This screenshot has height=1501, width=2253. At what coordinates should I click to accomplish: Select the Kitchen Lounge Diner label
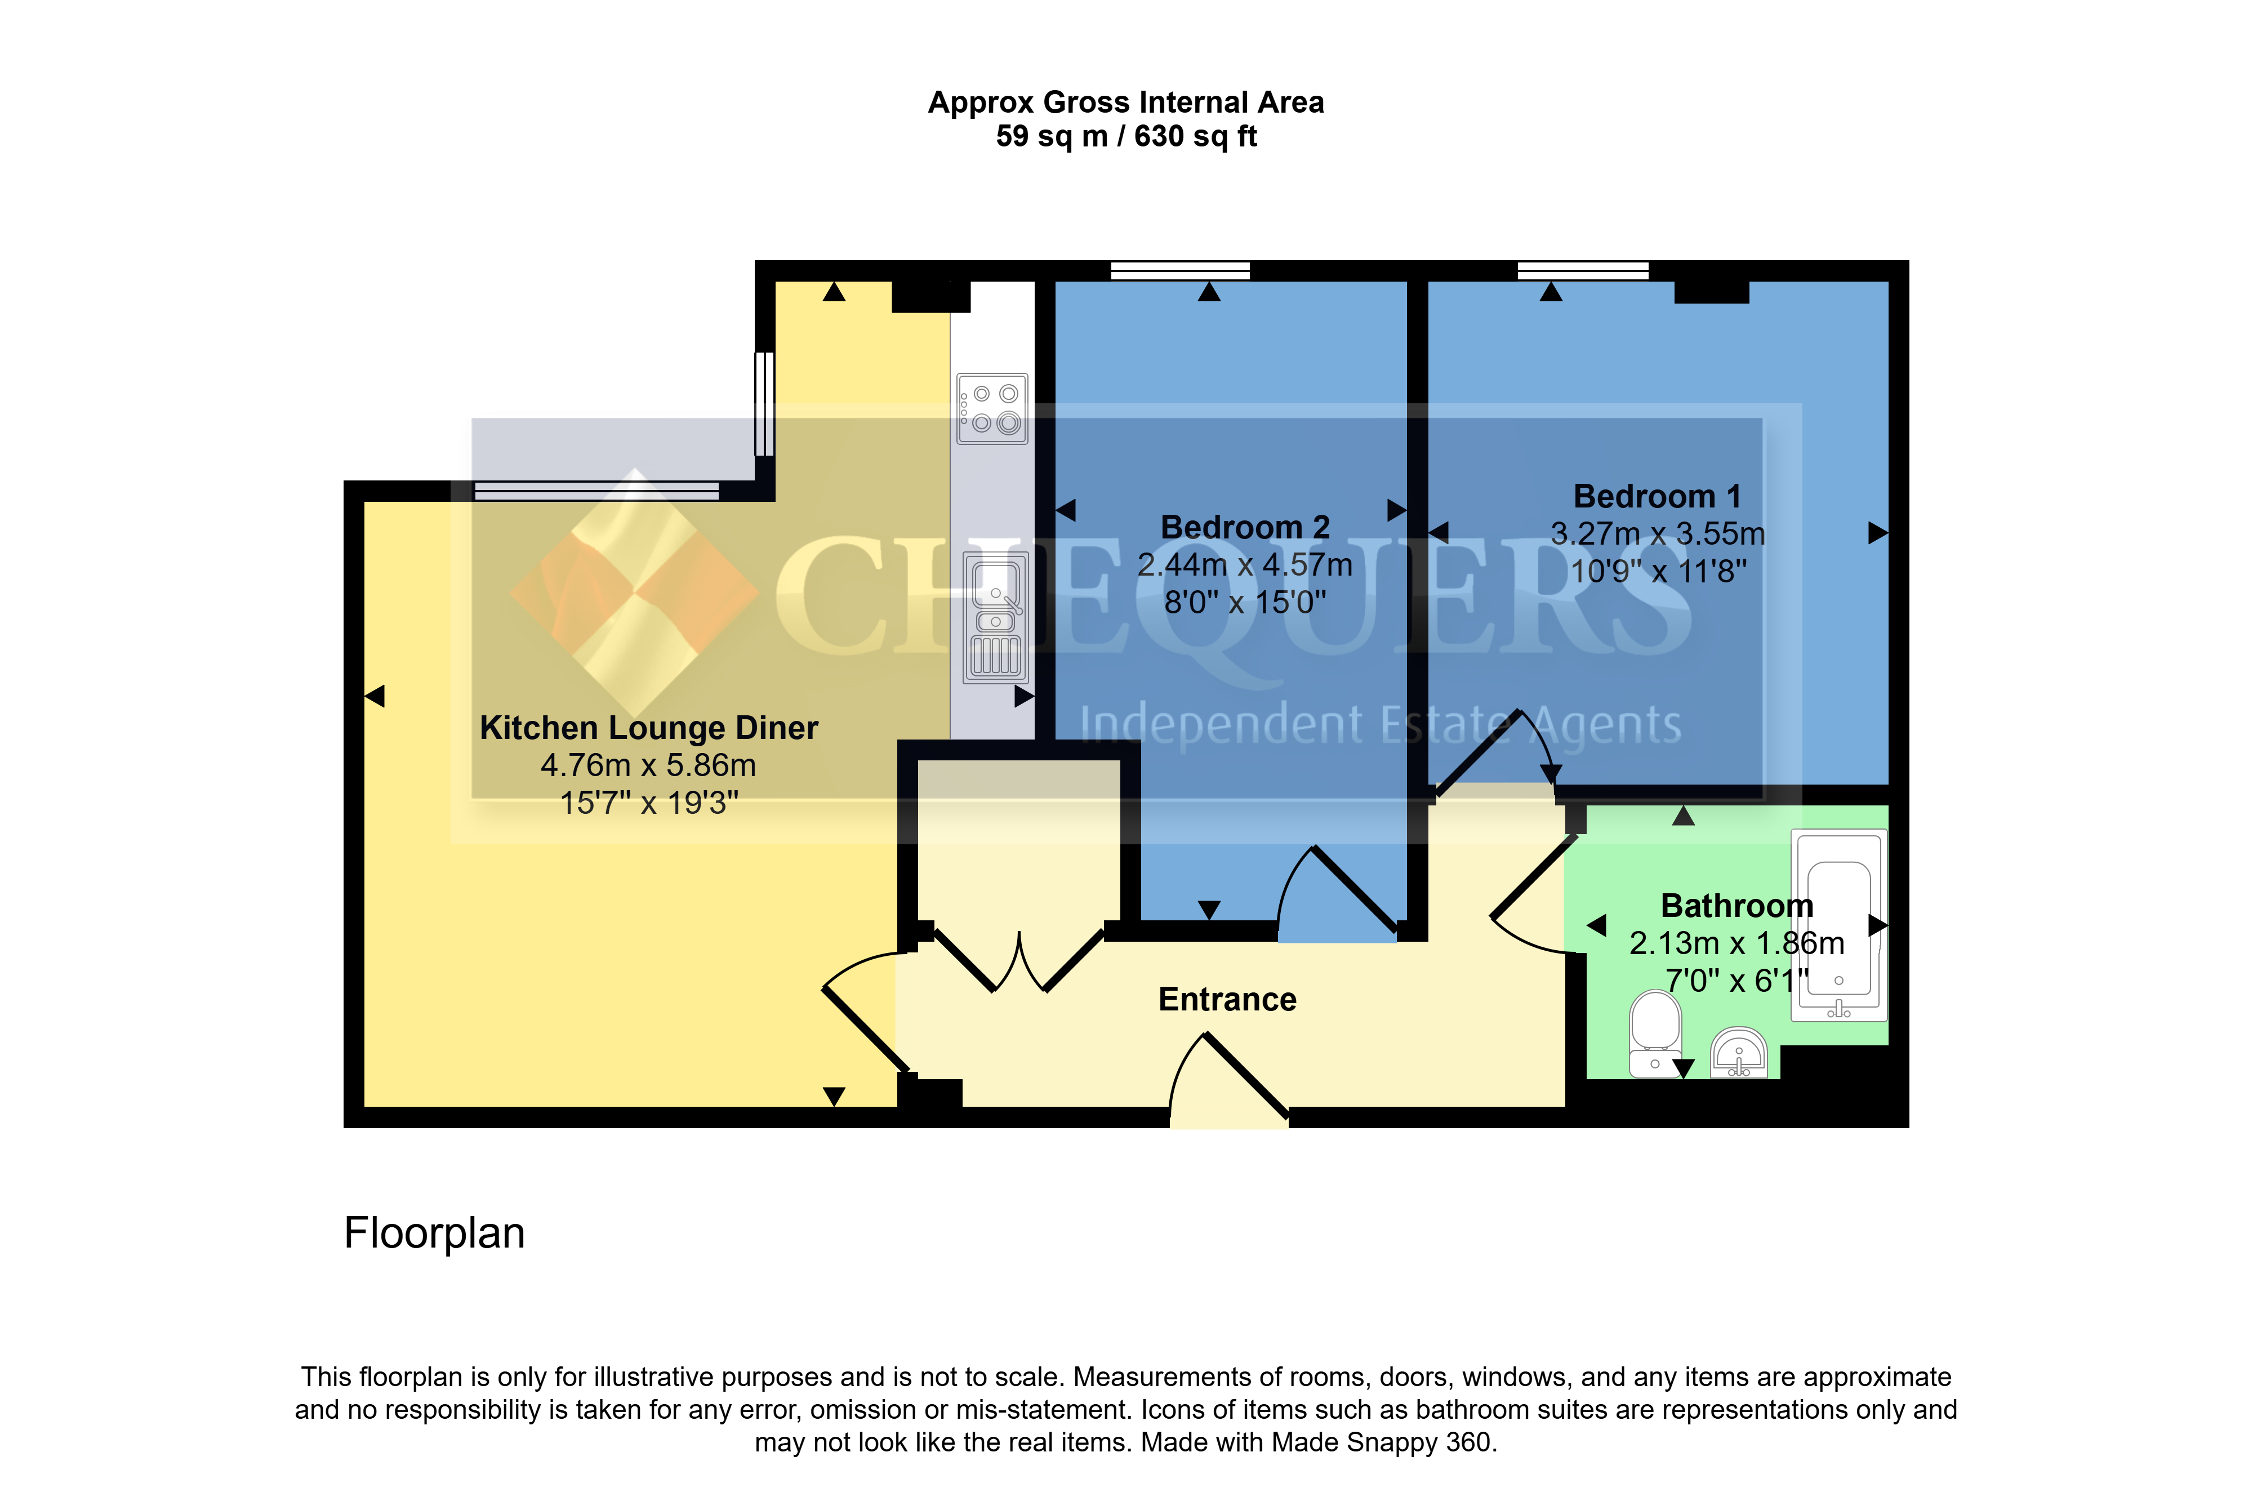pos(649,728)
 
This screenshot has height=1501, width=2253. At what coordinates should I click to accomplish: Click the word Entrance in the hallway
pos(1227,999)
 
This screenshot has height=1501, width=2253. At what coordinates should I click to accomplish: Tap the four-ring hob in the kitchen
pos(992,409)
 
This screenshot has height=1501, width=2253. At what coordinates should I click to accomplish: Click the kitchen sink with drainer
pos(995,617)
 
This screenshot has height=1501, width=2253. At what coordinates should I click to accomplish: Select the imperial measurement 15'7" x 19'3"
pos(649,802)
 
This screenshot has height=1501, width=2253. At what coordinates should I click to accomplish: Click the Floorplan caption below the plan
pos(434,1233)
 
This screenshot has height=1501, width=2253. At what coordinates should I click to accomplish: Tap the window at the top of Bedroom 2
pos(1180,271)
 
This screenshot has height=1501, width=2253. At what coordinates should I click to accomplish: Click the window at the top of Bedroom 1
pos(1583,271)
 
